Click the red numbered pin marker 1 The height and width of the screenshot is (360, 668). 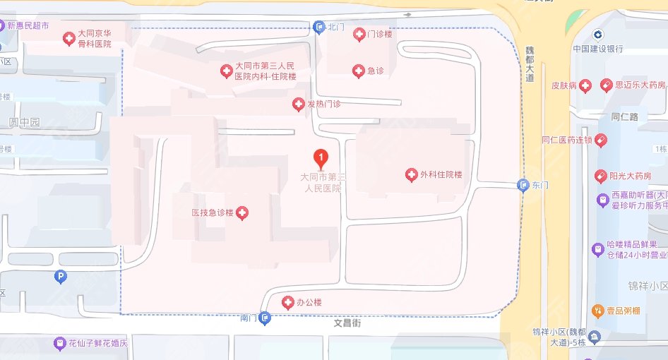321,157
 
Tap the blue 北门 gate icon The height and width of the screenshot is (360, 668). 319,27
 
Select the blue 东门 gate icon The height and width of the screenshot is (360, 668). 523,186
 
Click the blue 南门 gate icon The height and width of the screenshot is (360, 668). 265,318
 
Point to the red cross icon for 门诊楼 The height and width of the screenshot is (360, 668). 359,34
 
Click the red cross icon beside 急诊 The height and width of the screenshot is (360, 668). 358,71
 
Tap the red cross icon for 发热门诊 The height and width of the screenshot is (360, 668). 299,104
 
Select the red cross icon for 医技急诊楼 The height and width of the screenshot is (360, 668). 242,212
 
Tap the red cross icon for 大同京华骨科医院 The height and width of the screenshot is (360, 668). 68,38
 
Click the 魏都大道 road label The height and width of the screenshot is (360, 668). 530,64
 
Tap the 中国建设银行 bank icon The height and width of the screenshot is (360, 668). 597,35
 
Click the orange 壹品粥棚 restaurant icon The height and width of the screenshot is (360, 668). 597,311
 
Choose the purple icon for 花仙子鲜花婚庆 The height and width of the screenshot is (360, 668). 60,344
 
